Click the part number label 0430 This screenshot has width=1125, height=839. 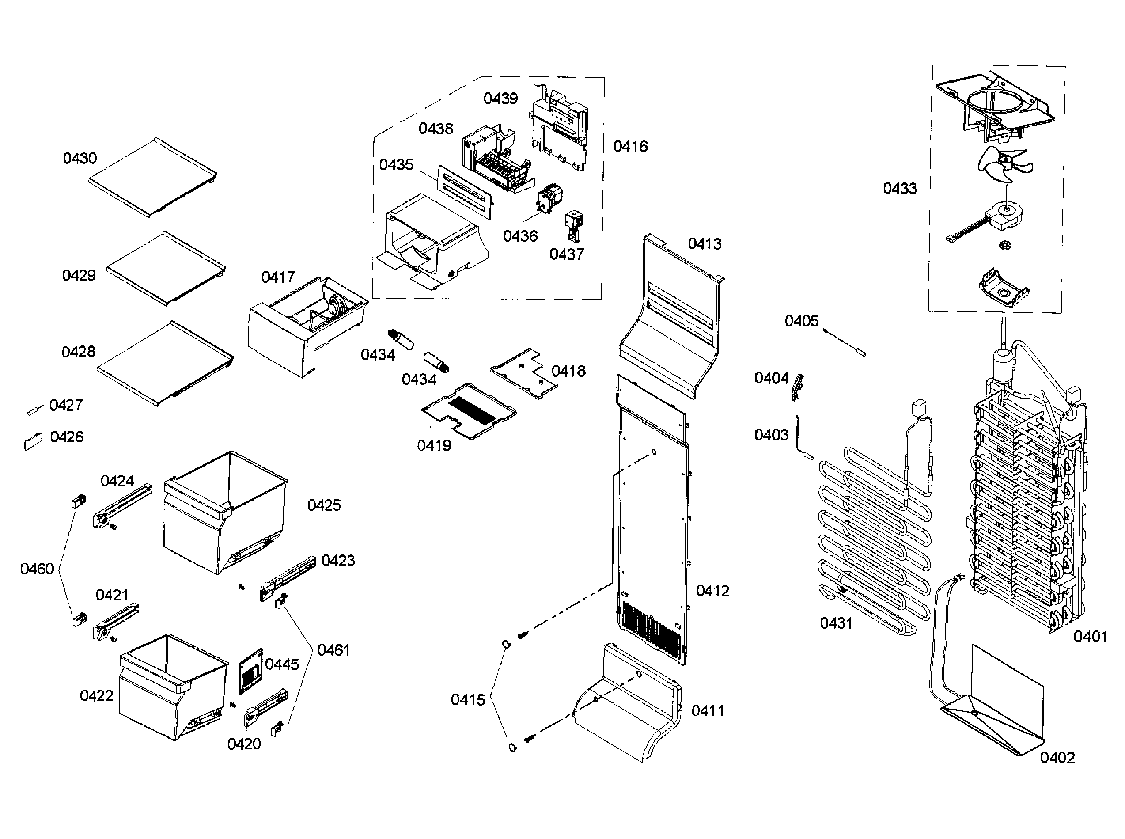80,159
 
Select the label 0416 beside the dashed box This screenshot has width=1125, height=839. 631,146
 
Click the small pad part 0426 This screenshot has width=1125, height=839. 34,441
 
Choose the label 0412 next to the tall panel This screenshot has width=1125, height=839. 712,591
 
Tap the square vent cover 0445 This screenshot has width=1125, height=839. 251,671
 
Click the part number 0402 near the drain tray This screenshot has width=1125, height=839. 1057,757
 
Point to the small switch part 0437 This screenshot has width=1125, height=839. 574,226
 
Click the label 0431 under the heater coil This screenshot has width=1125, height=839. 836,623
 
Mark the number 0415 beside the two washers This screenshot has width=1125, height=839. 468,700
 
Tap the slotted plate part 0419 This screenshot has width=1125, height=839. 469,411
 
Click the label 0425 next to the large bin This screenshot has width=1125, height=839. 324,505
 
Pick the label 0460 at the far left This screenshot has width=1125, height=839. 37,569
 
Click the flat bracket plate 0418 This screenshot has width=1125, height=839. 523,373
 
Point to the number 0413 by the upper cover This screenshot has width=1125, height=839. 704,244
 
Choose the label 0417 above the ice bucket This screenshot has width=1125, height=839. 278,277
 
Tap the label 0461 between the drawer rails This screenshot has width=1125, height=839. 333,650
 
